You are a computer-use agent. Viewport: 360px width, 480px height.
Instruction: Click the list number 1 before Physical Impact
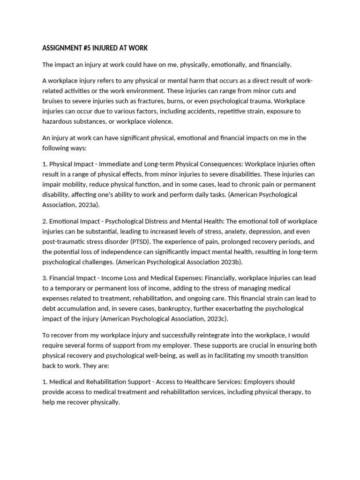pyautogui.click(x=45, y=164)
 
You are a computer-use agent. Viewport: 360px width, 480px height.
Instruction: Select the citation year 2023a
pyautogui.click(x=86, y=205)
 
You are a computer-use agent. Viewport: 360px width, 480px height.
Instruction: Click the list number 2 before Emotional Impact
pyautogui.click(x=45, y=221)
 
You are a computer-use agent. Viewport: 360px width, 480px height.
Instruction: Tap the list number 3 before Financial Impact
pyautogui.click(x=45, y=278)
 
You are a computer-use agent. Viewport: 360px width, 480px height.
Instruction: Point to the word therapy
pyautogui.click(x=291, y=392)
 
